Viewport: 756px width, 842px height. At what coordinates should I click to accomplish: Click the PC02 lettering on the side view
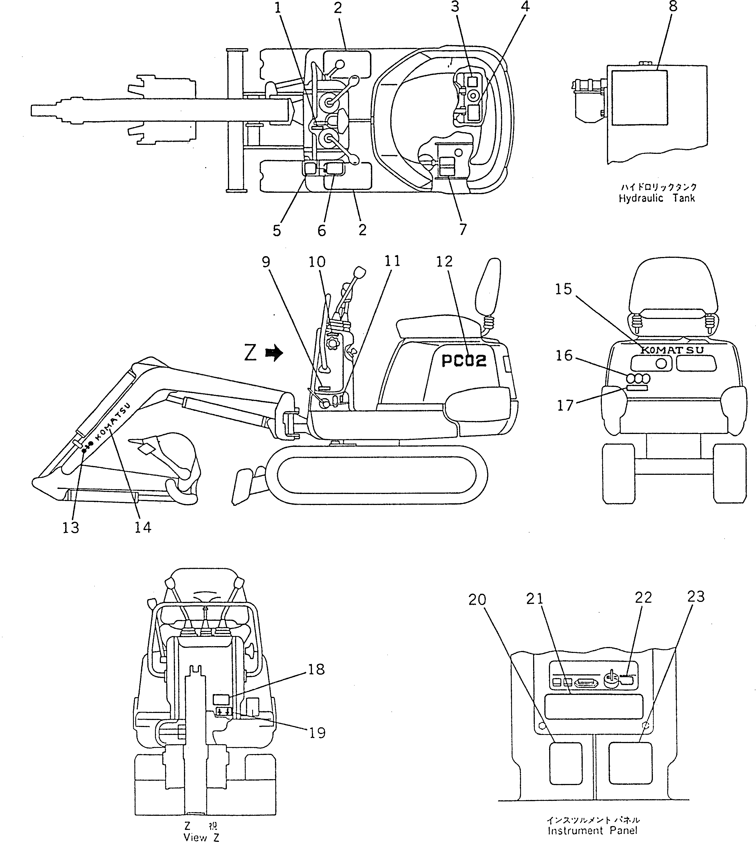464,361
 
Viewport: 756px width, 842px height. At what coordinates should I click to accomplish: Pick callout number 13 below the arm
71,528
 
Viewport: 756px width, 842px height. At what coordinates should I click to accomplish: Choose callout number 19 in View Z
317,733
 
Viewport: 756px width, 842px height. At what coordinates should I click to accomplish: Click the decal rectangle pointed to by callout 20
566,763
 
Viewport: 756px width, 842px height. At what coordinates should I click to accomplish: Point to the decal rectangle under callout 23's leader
630,763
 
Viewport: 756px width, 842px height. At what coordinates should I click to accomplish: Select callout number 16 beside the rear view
564,356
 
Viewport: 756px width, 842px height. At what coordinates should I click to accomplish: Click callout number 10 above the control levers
317,262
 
